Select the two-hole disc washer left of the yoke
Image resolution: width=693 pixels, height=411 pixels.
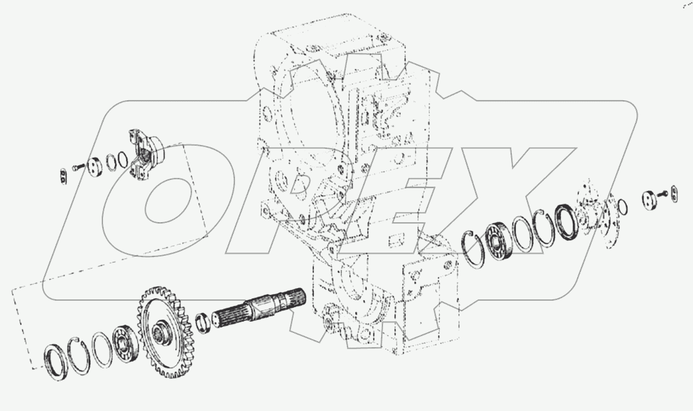tap(95, 166)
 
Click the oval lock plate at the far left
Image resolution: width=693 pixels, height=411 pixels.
tap(63, 176)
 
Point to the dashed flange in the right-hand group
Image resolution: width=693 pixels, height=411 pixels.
tap(599, 215)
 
